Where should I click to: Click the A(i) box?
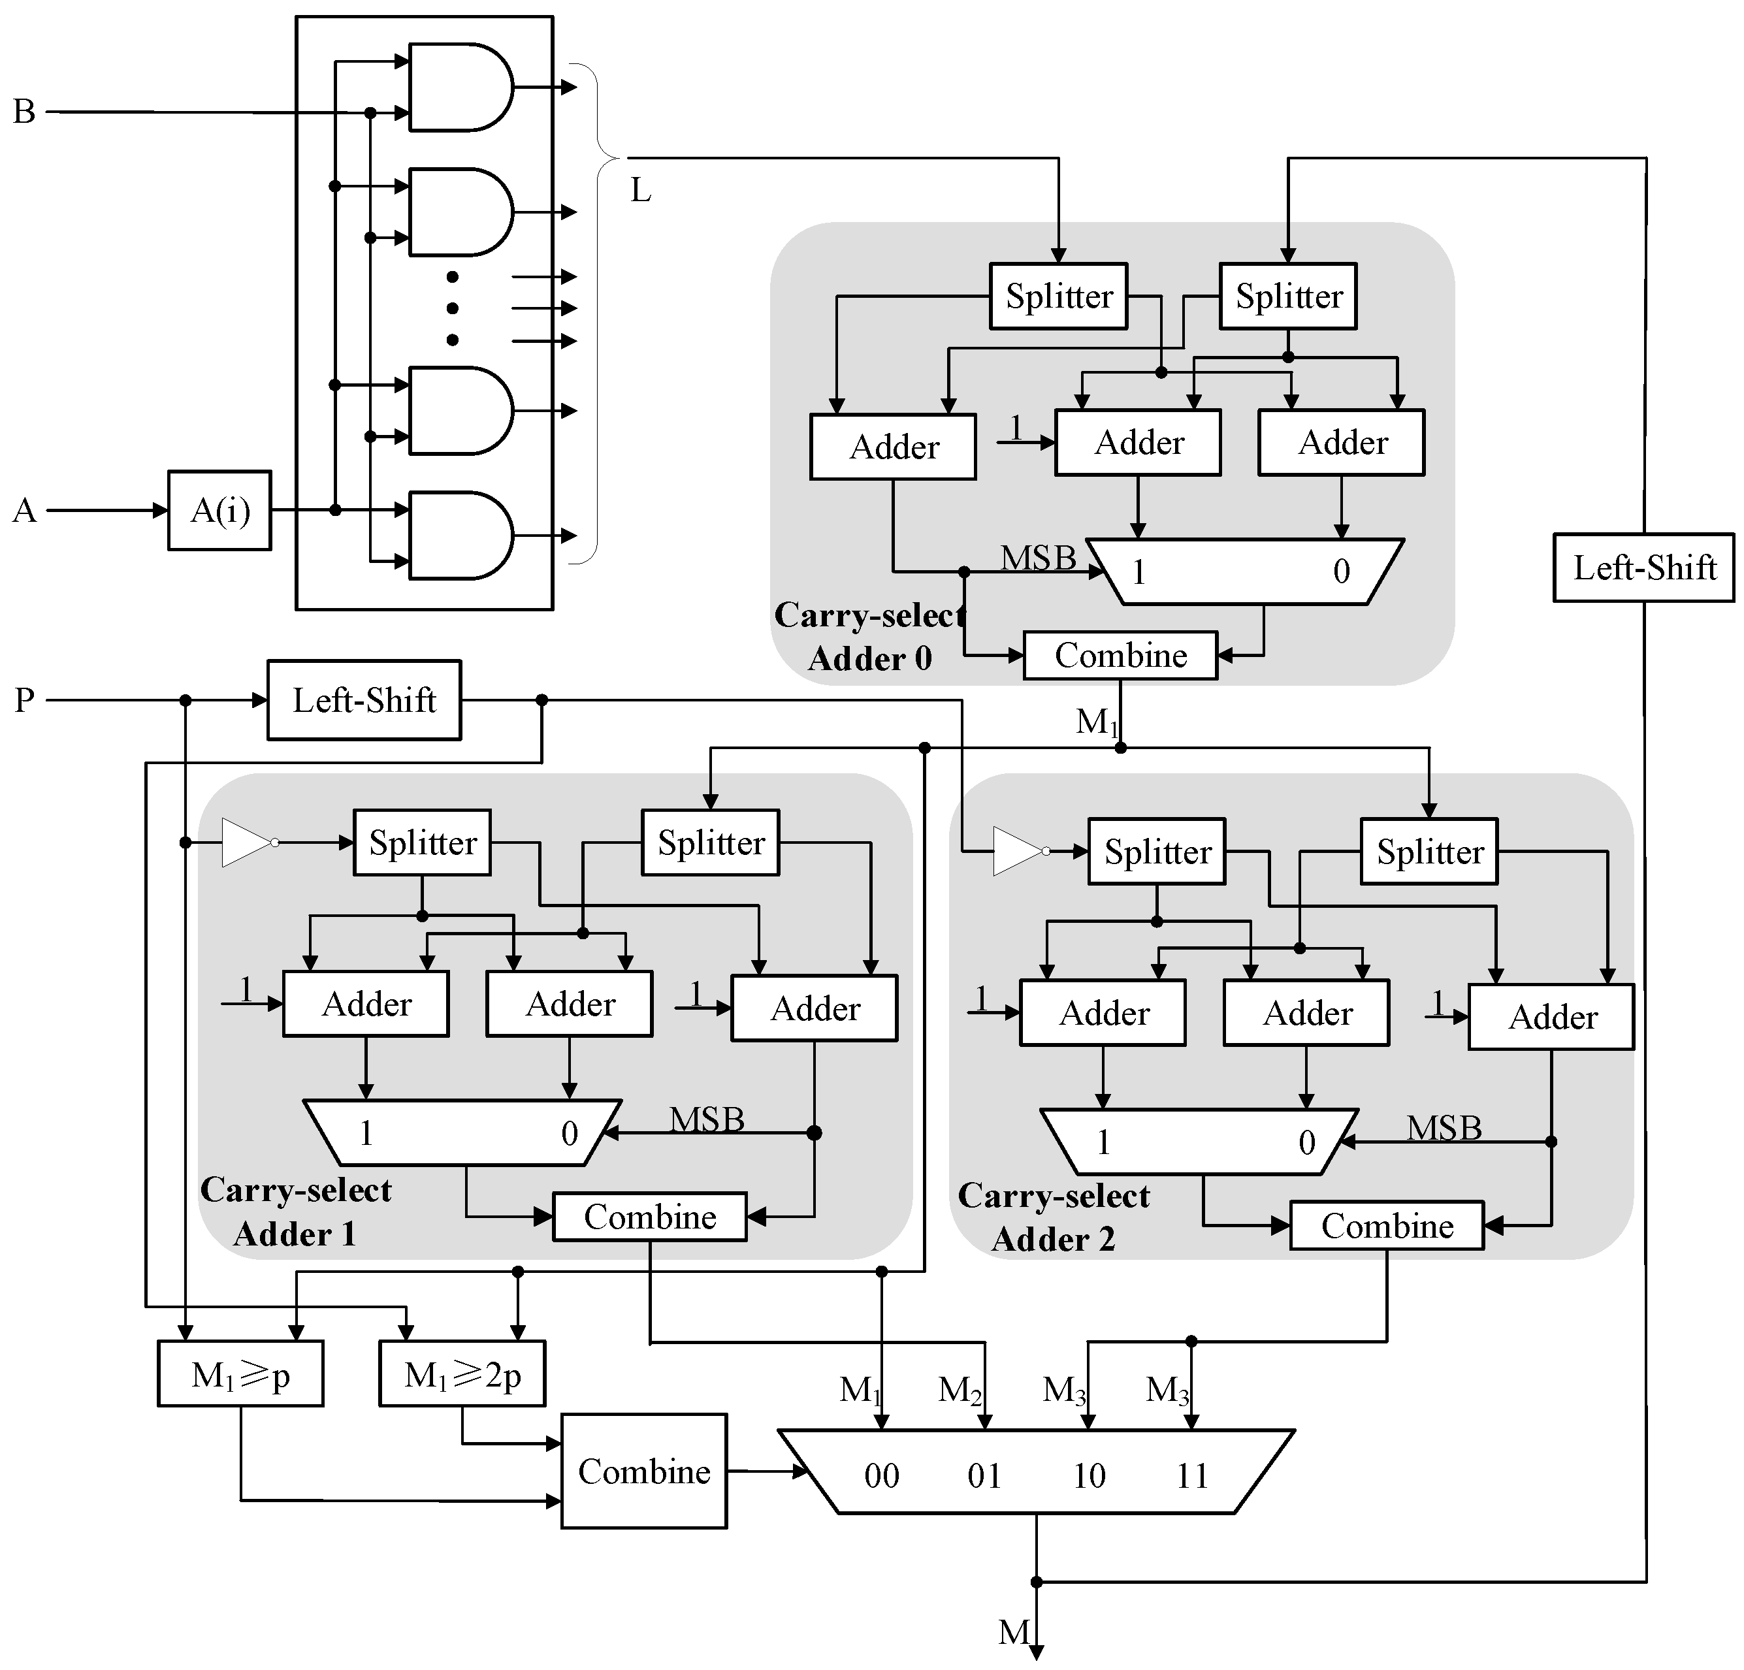[x=219, y=510]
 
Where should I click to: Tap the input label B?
[x=24, y=112]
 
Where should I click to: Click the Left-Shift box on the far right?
[x=1643, y=568]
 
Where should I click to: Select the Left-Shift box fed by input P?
[x=364, y=700]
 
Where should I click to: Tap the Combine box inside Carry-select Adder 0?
[x=1120, y=656]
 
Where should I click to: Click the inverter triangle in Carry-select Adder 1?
[x=246, y=842]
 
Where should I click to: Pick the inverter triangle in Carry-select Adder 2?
[x=1018, y=850]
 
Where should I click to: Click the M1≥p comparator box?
[x=240, y=1375]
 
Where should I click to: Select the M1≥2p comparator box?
[x=462, y=1375]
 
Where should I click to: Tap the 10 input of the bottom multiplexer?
[x=1089, y=1476]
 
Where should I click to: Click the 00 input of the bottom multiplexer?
[x=881, y=1476]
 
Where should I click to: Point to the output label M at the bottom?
[x=1014, y=1631]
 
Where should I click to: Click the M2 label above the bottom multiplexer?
[x=959, y=1390]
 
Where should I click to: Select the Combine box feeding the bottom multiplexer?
[x=643, y=1471]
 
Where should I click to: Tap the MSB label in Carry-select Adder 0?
[x=1037, y=558]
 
